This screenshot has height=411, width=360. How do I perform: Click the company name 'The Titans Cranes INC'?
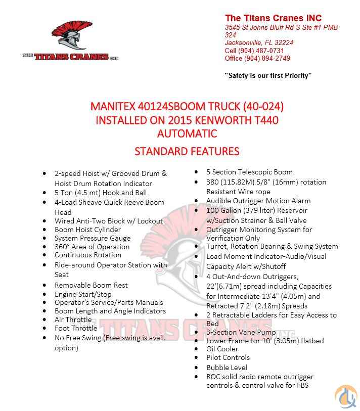tap(273, 18)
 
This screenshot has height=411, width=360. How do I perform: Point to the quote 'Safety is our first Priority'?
tap(268, 75)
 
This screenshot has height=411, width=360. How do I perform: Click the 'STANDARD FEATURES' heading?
tap(187, 151)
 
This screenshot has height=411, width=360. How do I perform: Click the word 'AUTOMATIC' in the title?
tap(187, 133)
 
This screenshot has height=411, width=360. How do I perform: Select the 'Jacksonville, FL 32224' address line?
tap(259, 43)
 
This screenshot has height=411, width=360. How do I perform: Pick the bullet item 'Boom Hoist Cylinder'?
tap(87, 230)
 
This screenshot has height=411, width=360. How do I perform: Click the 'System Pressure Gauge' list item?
tap(92, 238)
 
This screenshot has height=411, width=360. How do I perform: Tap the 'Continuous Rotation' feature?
tap(87, 255)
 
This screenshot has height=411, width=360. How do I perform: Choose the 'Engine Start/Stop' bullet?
tap(83, 294)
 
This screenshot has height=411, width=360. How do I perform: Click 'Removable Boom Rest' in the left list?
tap(91, 285)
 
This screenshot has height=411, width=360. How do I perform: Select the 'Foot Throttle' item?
tap(75, 328)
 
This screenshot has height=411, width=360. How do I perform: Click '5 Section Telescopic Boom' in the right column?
tap(249, 172)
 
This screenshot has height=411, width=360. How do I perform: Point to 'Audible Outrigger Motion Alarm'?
tap(258, 201)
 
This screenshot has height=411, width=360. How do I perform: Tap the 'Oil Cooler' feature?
tap(222, 349)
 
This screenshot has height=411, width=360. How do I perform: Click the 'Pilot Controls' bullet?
tap(228, 357)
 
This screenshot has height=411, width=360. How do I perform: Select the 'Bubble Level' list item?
tap(227, 368)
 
